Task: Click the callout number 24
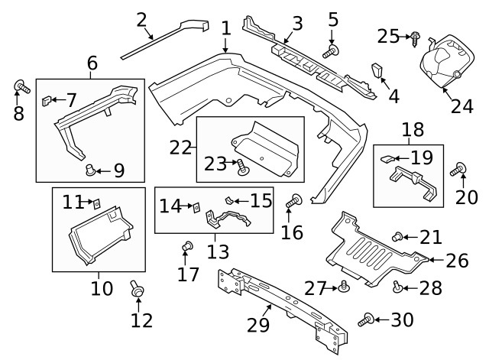coord(461,105)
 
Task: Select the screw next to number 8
coord(21,87)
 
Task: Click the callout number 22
coord(180,147)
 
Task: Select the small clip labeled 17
coord(186,246)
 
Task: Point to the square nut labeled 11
coord(97,203)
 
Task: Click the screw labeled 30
coord(367,319)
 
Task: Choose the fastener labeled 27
coord(345,287)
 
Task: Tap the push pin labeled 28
coord(398,287)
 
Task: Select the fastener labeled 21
coord(397,237)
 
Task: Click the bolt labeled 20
coord(461,170)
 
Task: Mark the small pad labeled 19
coord(388,160)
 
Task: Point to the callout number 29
coord(259,325)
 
